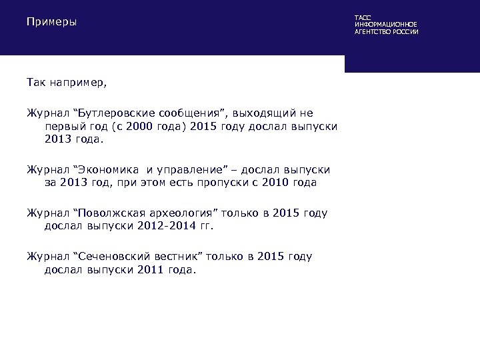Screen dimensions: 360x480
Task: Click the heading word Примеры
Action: (51, 23)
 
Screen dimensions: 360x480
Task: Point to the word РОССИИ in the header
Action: (405, 32)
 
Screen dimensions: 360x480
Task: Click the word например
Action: (80, 84)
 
